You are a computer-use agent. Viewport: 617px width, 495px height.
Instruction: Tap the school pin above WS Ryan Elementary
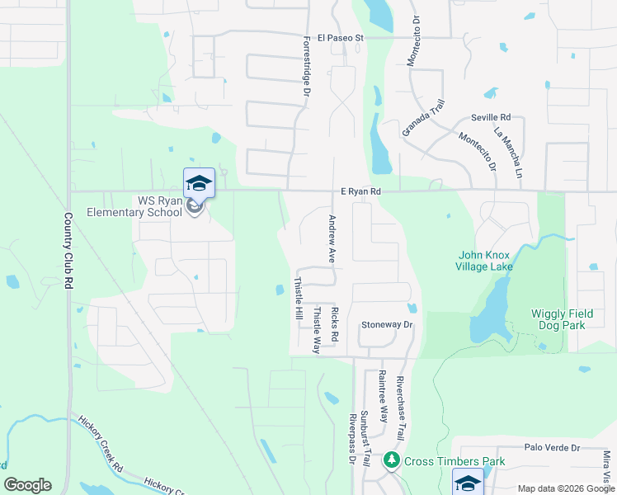(x=199, y=183)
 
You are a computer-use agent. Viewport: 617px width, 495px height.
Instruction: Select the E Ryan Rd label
(x=361, y=191)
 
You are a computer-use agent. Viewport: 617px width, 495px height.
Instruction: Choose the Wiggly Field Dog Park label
(x=569, y=319)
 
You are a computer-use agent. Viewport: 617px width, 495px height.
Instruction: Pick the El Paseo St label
(x=356, y=37)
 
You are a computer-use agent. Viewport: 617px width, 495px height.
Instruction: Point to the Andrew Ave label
(x=332, y=239)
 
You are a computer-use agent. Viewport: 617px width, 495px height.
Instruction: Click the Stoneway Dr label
(x=386, y=325)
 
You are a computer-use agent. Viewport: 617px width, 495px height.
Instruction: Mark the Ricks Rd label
(x=335, y=325)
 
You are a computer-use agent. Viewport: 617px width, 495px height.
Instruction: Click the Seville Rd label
(x=492, y=118)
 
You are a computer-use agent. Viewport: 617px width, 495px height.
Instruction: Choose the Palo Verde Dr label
(x=553, y=448)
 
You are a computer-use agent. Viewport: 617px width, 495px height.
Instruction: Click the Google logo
(x=27, y=485)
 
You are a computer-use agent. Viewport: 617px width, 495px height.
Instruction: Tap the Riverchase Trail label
(x=401, y=408)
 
